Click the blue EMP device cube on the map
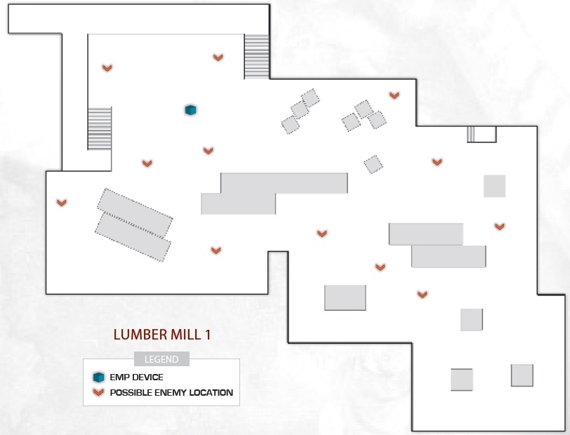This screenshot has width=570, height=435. click(190, 109)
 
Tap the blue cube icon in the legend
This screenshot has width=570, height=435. click(98, 377)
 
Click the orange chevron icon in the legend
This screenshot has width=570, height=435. click(98, 392)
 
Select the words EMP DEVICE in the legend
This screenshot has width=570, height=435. click(136, 377)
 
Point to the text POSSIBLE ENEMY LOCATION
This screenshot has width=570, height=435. click(171, 392)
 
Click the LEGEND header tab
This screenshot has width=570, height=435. click(161, 359)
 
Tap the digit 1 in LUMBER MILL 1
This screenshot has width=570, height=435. click(208, 335)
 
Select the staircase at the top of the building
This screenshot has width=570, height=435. click(257, 56)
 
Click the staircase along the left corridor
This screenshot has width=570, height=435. click(100, 128)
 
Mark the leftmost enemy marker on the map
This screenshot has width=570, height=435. click(62, 203)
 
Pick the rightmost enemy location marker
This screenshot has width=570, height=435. click(500, 227)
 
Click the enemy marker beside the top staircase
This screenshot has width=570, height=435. click(218, 58)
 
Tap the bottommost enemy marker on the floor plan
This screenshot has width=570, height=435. click(422, 295)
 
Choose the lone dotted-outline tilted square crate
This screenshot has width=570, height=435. click(373, 164)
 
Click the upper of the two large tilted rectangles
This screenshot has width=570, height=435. click(135, 213)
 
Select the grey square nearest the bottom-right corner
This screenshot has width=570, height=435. click(522, 375)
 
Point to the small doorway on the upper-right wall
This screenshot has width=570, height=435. click(482, 134)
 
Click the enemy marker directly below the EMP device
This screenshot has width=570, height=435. click(208, 150)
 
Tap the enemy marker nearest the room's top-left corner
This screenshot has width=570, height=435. click(107, 68)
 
